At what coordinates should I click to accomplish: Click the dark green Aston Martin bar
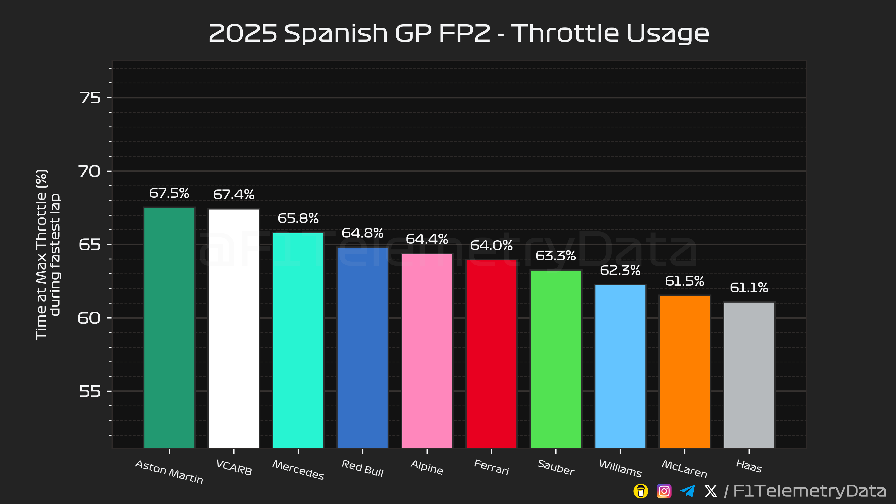169,327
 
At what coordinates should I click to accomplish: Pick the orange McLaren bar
685,371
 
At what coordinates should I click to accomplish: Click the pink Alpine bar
427,351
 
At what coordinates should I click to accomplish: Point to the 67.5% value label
169,193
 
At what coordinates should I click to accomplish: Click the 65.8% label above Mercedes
298,218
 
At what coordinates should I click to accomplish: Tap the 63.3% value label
556,256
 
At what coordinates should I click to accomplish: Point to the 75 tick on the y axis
90,98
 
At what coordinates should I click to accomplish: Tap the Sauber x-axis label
556,467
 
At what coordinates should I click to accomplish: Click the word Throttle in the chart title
565,34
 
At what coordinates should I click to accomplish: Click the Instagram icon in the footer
664,491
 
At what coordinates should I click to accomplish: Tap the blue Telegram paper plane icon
687,491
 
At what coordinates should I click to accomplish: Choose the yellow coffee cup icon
641,491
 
